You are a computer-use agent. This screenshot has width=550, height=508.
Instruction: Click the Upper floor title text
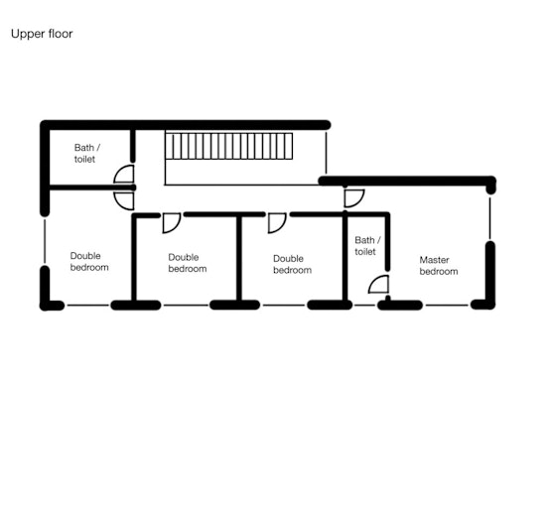click(x=42, y=34)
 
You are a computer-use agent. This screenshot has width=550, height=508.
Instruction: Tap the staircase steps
click(x=228, y=146)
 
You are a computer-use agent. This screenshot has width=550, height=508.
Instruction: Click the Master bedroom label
click(x=439, y=265)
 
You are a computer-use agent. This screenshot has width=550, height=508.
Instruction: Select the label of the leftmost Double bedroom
click(x=89, y=262)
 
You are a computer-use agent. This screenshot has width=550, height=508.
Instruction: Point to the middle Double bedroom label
click(x=188, y=263)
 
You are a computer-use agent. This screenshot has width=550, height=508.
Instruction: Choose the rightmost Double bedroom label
click(x=292, y=264)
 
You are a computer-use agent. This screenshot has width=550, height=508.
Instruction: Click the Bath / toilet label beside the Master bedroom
click(x=367, y=246)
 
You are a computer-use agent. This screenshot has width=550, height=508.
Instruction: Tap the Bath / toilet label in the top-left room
click(x=87, y=153)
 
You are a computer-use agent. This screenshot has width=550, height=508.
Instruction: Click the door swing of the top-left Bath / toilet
click(x=124, y=174)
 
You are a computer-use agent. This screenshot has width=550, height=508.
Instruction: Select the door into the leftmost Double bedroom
click(x=124, y=200)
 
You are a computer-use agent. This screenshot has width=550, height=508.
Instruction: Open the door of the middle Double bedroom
click(x=172, y=223)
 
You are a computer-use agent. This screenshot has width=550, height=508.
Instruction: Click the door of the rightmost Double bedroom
click(x=277, y=223)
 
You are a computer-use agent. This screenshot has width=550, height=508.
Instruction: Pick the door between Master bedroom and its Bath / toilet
click(x=379, y=285)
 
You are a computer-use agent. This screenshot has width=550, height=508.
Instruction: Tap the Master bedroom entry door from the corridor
click(x=354, y=198)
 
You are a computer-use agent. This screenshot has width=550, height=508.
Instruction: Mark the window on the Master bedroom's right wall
click(x=490, y=217)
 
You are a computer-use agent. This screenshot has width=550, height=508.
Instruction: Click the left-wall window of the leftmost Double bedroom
click(x=45, y=241)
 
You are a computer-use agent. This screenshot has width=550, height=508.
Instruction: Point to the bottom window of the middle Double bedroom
click(x=186, y=306)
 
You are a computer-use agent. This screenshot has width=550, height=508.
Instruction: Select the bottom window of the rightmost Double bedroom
click(x=284, y=306)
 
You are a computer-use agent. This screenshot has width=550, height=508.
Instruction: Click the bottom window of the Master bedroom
click(x=447, y=306)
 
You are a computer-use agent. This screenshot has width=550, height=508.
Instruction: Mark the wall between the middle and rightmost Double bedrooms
click(x=239, y=258)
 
